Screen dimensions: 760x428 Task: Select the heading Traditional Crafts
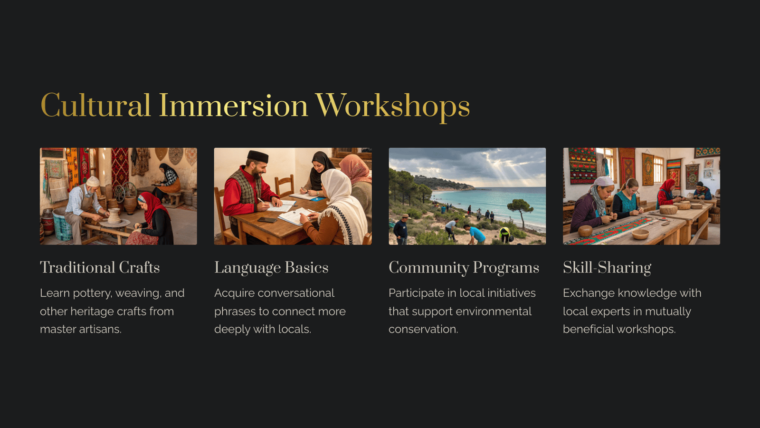[x=100, y=267]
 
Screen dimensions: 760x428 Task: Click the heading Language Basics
[x=271, y=268]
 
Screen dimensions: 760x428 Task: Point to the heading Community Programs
[x=464, y=268]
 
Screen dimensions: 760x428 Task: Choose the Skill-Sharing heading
[x=607, y=268]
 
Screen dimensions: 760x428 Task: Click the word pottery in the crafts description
[x=92, y=293]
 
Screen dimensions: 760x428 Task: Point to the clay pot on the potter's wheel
[x=114, y=215]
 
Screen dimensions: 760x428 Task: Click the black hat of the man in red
[x=258, y=156]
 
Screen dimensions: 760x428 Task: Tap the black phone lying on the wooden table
[x=267, y=220]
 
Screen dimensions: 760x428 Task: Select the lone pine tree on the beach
[x=520, y=212]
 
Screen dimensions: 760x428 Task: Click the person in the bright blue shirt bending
[x=475, y=234]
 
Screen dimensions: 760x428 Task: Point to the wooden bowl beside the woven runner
[x=640, y=234]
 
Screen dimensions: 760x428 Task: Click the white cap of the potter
[x=92, y=181]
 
